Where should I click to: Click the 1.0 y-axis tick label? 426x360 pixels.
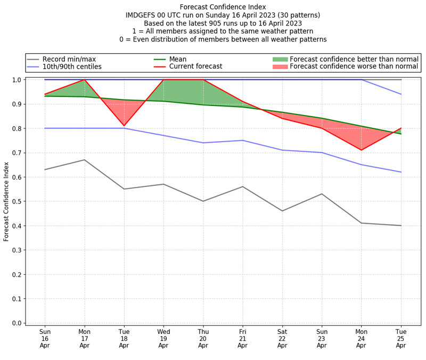coord(17,80)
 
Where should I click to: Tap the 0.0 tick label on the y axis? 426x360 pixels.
coord(17,323)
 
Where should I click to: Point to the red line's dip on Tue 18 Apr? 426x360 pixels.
coord(124,126)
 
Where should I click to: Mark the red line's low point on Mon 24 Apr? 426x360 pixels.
coord(361,150)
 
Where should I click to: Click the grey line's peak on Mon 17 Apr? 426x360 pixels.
coord(85,160)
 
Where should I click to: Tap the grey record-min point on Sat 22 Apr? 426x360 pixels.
coord(282,211)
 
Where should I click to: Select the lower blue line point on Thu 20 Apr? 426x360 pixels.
coord(203,143)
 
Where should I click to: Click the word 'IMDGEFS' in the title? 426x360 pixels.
coord(143,15)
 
